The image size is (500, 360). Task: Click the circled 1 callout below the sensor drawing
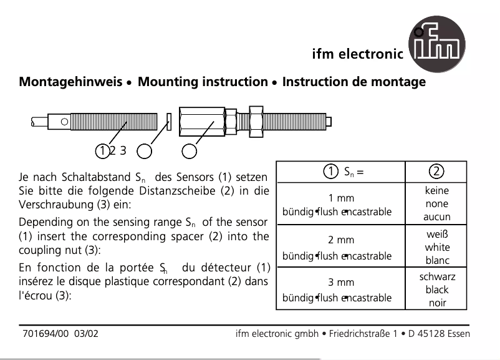pos(102,150)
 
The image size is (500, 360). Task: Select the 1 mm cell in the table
pos(341,198)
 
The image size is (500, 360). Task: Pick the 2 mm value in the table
pos(341,240)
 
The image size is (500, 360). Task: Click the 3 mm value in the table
pos(341,282)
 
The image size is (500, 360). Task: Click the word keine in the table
pos(436,191)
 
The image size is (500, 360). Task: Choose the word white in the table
pos(436,247)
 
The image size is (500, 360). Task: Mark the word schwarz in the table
pos(437,276)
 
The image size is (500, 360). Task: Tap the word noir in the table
pos(437,303)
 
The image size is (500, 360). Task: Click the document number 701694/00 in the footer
pos(45,334)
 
